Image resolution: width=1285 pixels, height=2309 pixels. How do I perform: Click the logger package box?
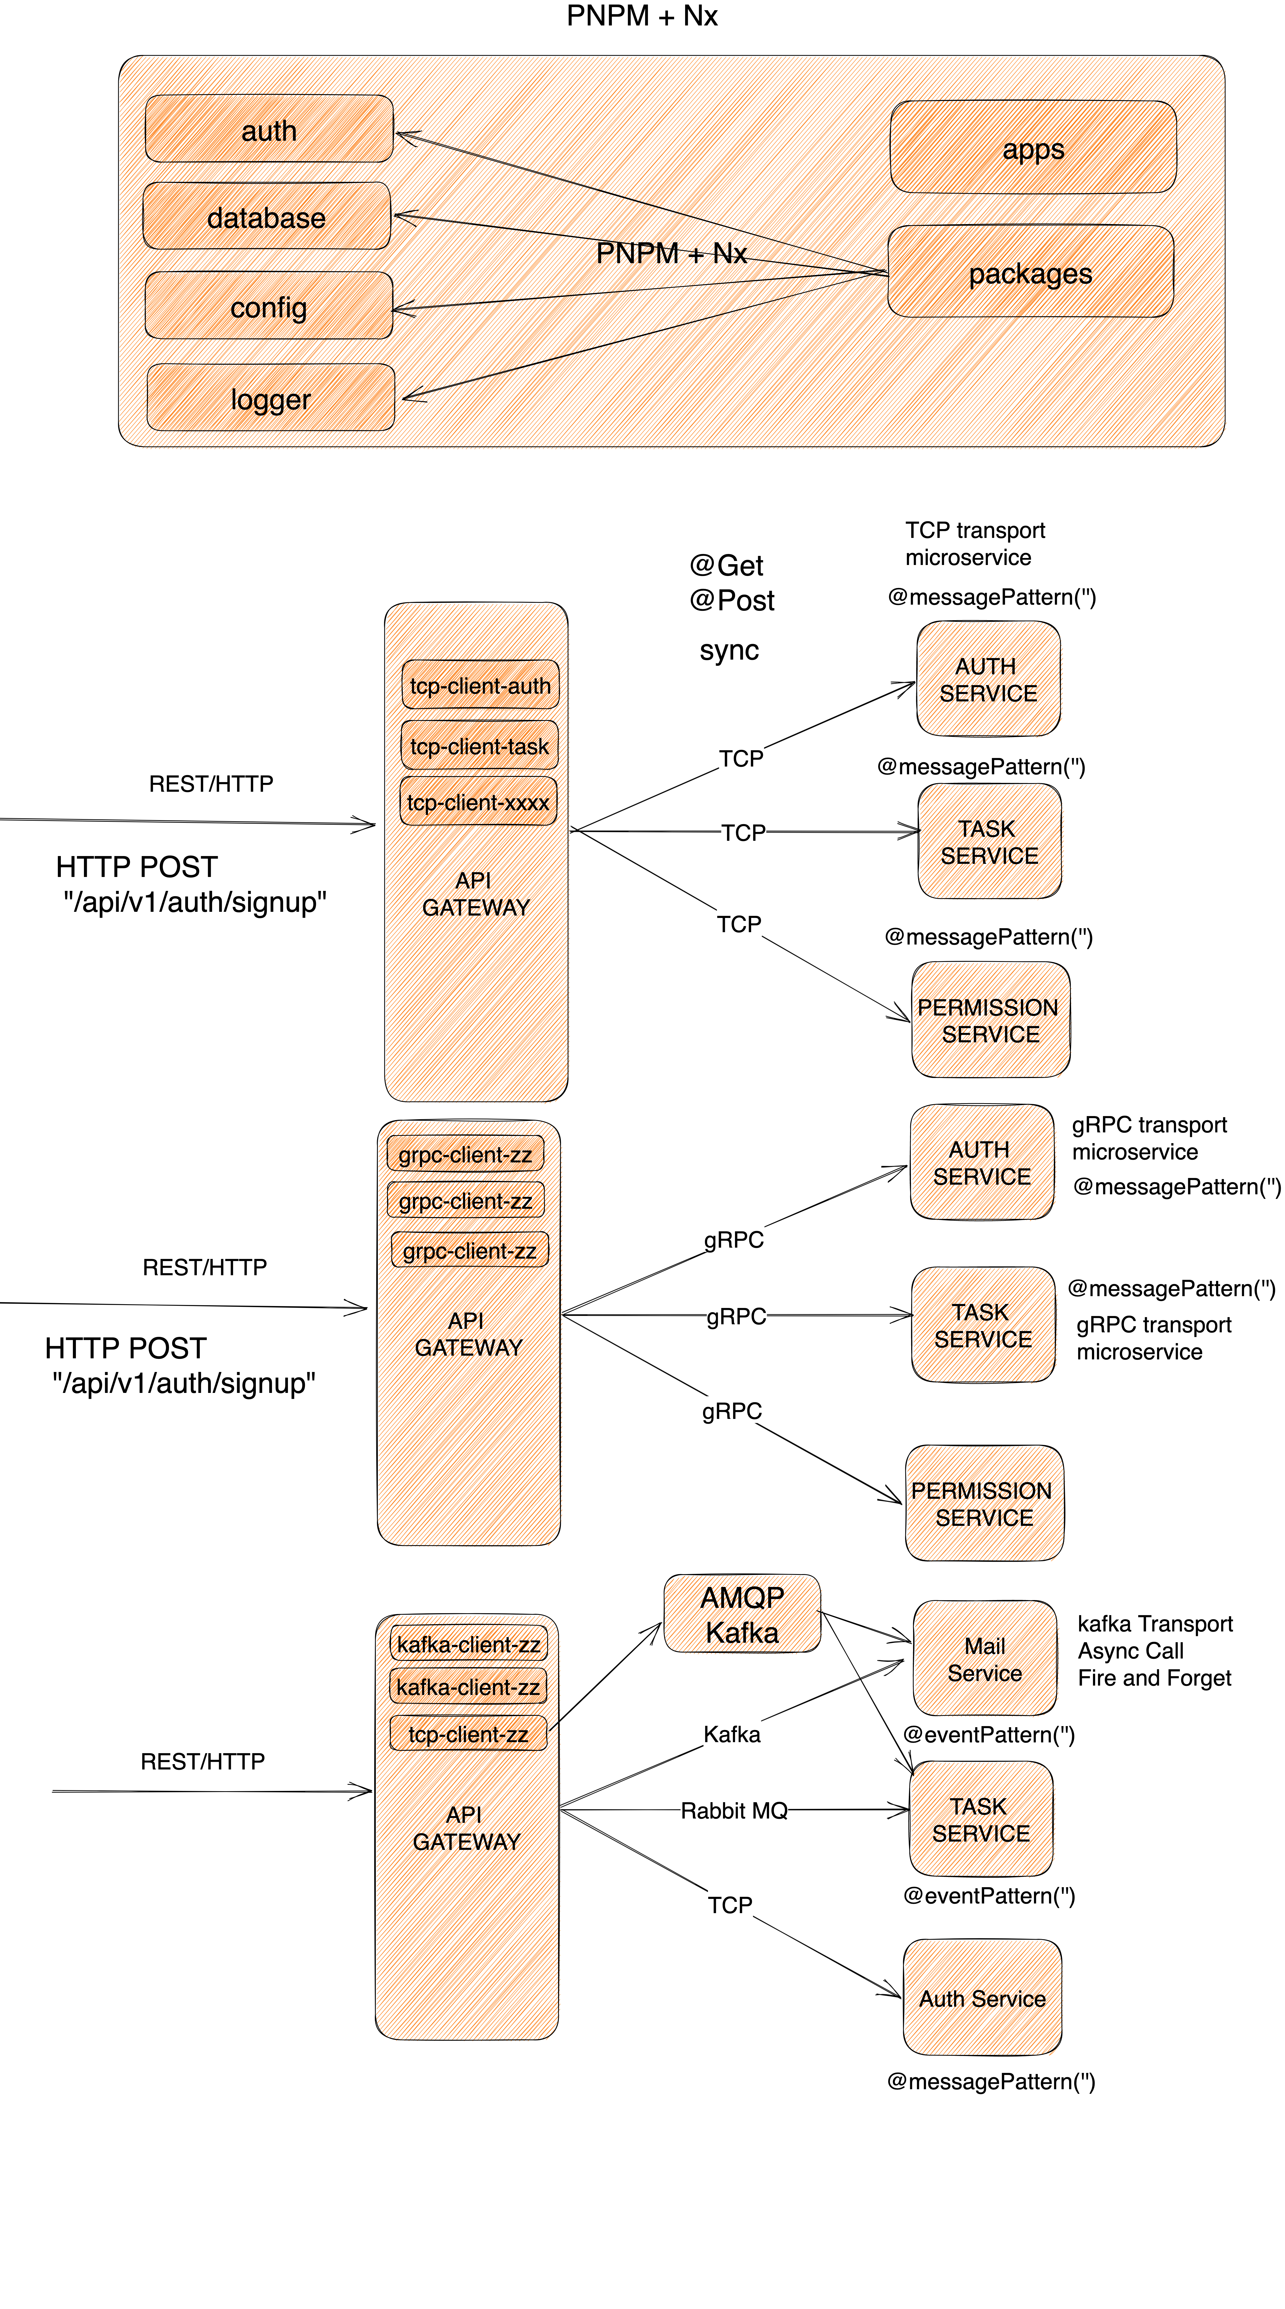[270, 397]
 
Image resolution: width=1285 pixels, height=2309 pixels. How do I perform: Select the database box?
[266, 216]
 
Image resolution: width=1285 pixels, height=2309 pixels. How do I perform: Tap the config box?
[268, 306]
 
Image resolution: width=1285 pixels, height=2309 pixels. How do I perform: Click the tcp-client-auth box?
[480, 686]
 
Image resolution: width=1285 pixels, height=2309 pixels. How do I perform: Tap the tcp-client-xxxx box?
[478, 802]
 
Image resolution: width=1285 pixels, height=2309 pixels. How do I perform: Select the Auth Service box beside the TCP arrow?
[982, 1998]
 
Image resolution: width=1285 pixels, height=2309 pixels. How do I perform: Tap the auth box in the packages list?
[268, 130]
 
